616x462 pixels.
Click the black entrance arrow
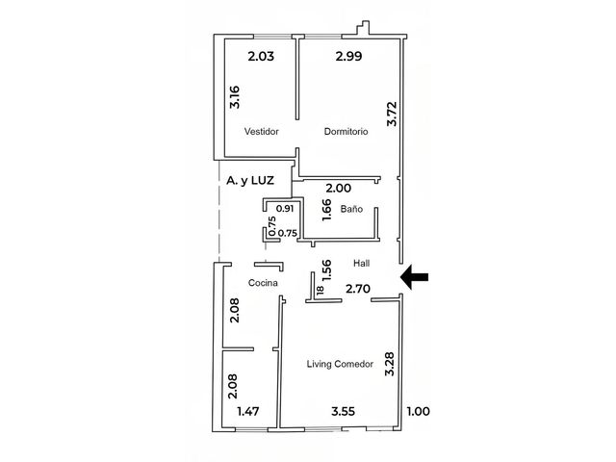point(414,277)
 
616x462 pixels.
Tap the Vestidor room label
point(261,131)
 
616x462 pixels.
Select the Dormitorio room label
point(346,131)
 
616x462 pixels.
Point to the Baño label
point(351,209)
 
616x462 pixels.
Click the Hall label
point(361,263)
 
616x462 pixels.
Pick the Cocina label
point(263,282)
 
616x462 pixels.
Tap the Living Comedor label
point(340,364)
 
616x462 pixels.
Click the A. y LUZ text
point(250,180)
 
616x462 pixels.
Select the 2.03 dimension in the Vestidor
point(261,56)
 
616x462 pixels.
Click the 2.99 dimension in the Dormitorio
point(348,56)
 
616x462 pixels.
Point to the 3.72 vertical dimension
point(392,114)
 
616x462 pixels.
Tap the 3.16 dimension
point(235,97)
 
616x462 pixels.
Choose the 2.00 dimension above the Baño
point(339,188)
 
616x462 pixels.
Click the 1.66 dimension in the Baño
point(326,210)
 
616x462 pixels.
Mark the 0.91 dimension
point(285,208)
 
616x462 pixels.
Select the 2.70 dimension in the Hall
point(358,289)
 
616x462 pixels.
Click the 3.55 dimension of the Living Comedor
point(343,411)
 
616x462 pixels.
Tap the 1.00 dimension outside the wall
point(418,411)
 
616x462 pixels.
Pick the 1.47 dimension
point(248,411)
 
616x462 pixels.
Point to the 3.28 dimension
point(389,364)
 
